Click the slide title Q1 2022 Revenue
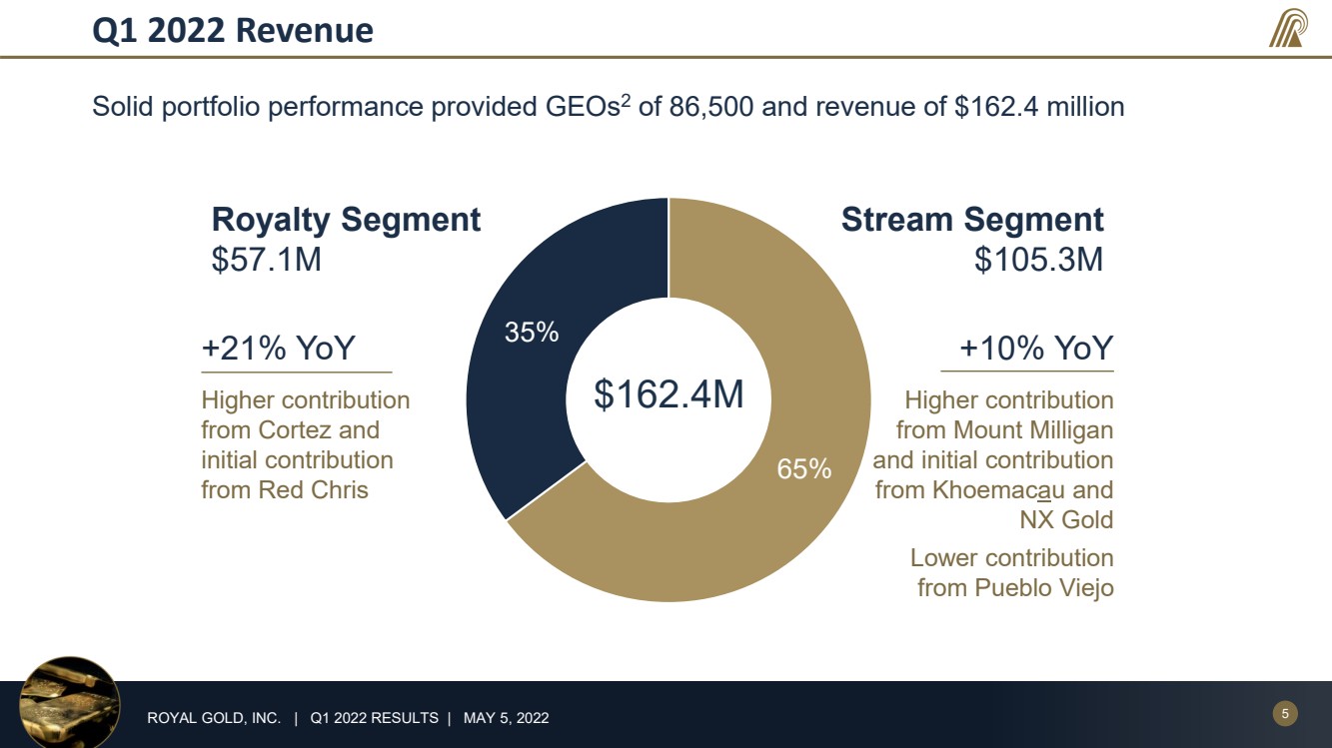[x=233, y=30]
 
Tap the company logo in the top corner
[x=1289, y=28]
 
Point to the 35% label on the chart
[x=532, y=332]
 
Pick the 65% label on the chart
[x=804, y=468]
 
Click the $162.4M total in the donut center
[x=668, y=393]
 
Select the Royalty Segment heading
[x=346, y=220]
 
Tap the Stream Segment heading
[x=972, y=220]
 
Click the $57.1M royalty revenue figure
[x=267, y=260]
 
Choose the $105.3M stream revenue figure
[x=1039, y=260]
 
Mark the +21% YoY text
[x=279, y=348]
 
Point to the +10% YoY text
[x=1036, y=348]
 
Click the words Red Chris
[x=314, y=490]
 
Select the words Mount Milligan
[x=1033, y=430]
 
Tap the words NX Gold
[x=1067, y=520]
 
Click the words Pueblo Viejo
[x=1044, y=588]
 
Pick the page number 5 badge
[x=1285, y=713]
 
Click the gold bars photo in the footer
[x=70, y=703]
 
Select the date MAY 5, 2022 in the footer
[x=506, y=718]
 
